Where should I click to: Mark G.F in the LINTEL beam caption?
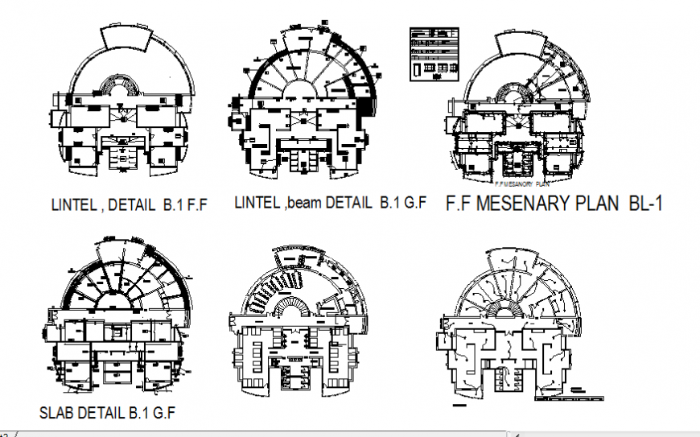pyautogui.click(x=414, y=202)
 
